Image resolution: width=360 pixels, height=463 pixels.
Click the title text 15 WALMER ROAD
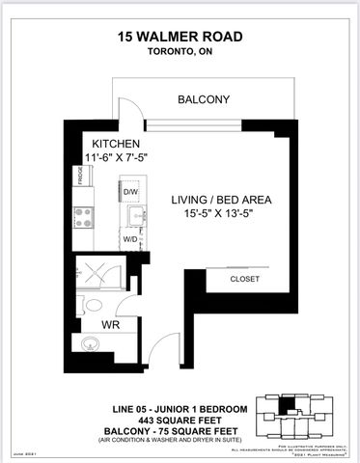click(x=180, y=37)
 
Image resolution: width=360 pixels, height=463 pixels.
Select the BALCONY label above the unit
click(x=203, y=99)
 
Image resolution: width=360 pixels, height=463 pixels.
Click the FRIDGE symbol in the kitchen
click(x=82, y=177)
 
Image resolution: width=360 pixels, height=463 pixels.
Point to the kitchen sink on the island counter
click(x=136, y=214)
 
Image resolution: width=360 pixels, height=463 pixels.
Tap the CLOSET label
click(x=243, y=279)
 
